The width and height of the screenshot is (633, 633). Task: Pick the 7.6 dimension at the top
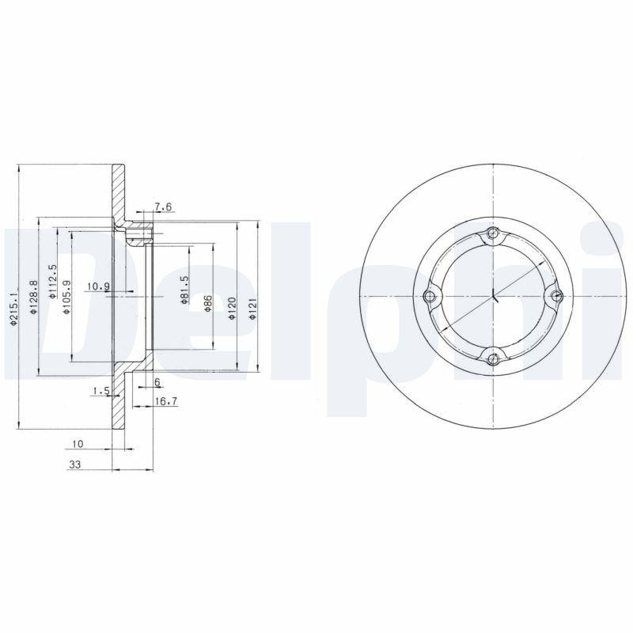[163, 207]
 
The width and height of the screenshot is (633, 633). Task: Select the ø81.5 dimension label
[184, 290]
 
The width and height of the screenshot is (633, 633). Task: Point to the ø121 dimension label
[253, 309]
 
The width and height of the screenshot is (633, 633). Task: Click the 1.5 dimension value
[100, 391]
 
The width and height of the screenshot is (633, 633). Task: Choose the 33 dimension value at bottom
[75, 466]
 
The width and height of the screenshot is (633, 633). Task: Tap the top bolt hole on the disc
[494, 233]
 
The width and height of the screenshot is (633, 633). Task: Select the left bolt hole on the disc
[430, 297]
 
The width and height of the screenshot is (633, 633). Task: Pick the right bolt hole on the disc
[556, 297]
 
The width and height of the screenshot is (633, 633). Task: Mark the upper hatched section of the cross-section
[118, 194]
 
